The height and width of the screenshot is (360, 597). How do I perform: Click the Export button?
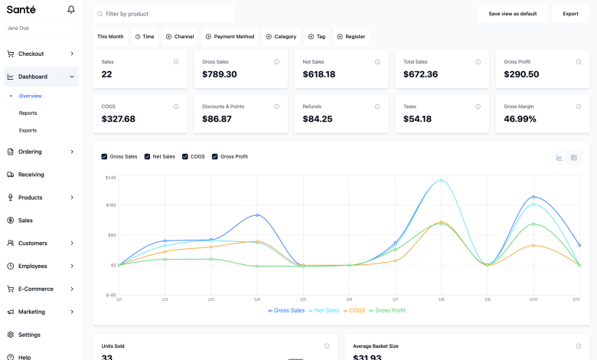(570, 14)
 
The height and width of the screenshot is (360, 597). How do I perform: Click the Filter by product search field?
(164, 14)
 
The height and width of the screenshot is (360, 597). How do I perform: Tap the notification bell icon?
(71, 10)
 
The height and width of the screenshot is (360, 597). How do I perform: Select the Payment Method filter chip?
(230, 37)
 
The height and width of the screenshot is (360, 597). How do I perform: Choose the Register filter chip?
(351, 37)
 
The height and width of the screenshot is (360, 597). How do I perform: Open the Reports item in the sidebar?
(28, 113)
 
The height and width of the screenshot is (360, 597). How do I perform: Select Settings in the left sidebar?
(29, 335)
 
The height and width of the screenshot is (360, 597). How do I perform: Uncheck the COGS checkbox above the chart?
(185, 156)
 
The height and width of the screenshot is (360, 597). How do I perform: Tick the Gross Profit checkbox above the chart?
(215, 156)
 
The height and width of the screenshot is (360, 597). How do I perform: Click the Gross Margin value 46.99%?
(520, 119)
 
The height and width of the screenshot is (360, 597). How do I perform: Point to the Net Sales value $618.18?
(319, 74)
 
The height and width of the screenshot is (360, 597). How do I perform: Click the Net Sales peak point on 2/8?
(441, 181)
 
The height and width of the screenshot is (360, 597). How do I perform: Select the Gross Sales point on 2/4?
(257, 215)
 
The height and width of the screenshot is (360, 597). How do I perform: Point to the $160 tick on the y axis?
(111, 205)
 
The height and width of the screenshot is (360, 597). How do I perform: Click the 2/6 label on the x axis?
(349, 299)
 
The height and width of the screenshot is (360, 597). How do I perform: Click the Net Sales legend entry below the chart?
(324, 310)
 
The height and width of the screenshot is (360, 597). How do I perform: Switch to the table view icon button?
(574, 158)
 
